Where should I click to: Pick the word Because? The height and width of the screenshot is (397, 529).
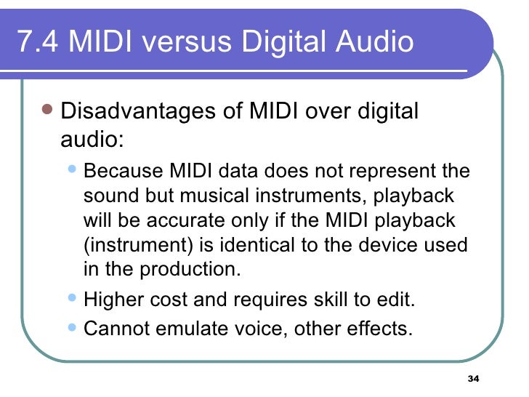point(124,172)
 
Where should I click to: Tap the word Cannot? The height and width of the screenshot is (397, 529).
point(117,328)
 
